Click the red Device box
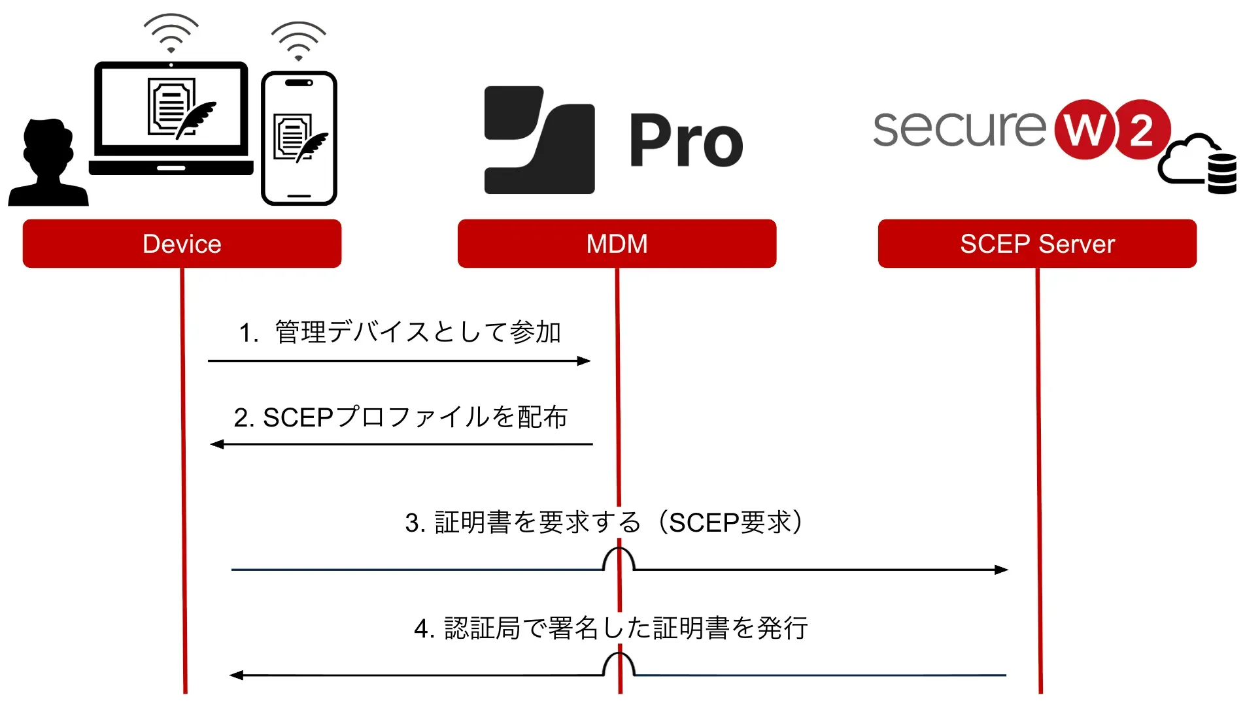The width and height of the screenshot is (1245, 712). [x=182, y=244]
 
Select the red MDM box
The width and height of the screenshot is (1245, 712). [x=617, y=244]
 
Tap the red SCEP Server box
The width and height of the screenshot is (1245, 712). [x=1037, y=244]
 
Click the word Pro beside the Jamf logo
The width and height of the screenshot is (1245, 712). [x=686, y=140]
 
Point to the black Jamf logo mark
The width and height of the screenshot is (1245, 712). [x=539, y=140]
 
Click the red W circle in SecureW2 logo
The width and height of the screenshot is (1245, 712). [x=1084, y=129]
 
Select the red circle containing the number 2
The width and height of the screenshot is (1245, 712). [x=1142, y=129]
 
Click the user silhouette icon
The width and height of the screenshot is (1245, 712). [x=48, y=163]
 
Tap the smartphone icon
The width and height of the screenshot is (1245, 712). [x=299, y=138]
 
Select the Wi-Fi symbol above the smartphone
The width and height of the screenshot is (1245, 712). [x=298, y=41]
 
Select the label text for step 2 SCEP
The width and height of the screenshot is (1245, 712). [x=400, y=417]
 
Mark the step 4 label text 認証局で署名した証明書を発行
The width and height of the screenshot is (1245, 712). [x=611, y=628]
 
